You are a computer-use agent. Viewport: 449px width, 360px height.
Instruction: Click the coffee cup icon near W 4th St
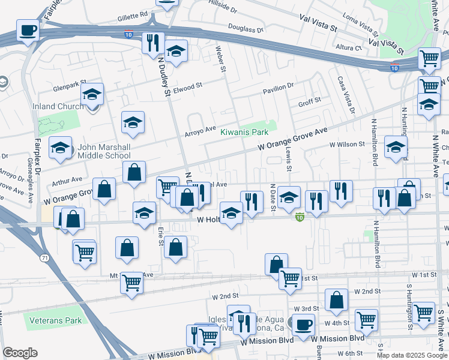pyautogui.click(x=304, y=325)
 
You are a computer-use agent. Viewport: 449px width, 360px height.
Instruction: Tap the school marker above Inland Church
pyautogui.click(x=92, y=95)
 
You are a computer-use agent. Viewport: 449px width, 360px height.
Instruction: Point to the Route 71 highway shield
pyautogui.click(x=46, y=257)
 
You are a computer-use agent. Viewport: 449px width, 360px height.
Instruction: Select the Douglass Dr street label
pyautogui.click(x=246, y=29)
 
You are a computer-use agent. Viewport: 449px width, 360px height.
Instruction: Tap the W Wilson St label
pyautogui.click(x=347, y=144)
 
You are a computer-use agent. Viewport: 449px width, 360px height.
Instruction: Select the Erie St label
pyautogui.click(x=161, y=235)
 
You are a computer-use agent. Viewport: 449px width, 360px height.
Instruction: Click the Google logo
pyautogui.click(x=20, y=353)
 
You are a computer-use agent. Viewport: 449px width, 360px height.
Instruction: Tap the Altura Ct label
pyautogui.click(x=349, y=48)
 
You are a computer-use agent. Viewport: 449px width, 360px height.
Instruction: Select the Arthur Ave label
pyautogui.click(x=67, y=179)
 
